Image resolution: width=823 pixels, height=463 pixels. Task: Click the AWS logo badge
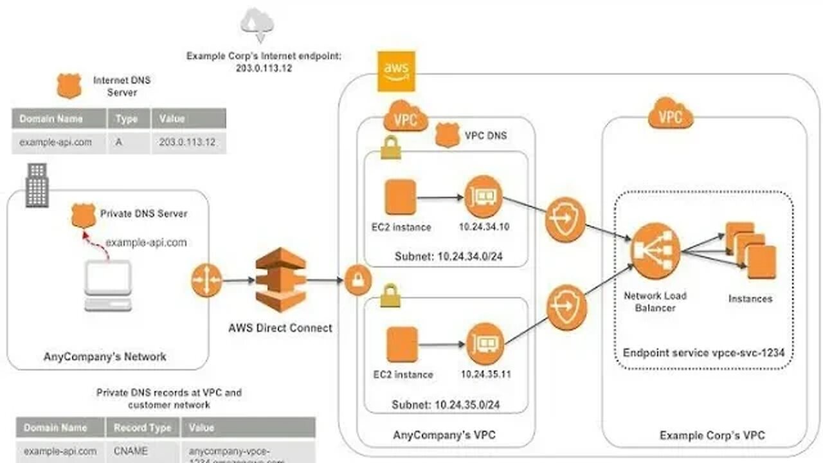pyautogui.click(x=396, y=71)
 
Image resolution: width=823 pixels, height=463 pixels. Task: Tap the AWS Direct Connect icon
pyautogui.click(x=280, y=279)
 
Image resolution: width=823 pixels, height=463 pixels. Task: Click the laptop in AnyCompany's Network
pyautogui.click(x=108, y=286)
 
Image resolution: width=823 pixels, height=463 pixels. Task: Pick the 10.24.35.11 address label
pyautogui.click(x=485, y=374)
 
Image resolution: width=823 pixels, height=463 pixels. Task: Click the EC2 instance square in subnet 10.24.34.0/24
pyautogui.click(x=401, y=197)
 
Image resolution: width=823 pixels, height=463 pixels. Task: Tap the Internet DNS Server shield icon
pyautogui.click(x=69, y=86)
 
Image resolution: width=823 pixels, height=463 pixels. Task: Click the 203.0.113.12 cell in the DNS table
pyautogui.click(x=188, y=143)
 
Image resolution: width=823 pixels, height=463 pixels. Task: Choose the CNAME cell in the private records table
pyautogui.click(x=131, y=451)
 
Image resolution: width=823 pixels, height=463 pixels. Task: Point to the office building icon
pyautogui.click(x=37, y=185)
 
